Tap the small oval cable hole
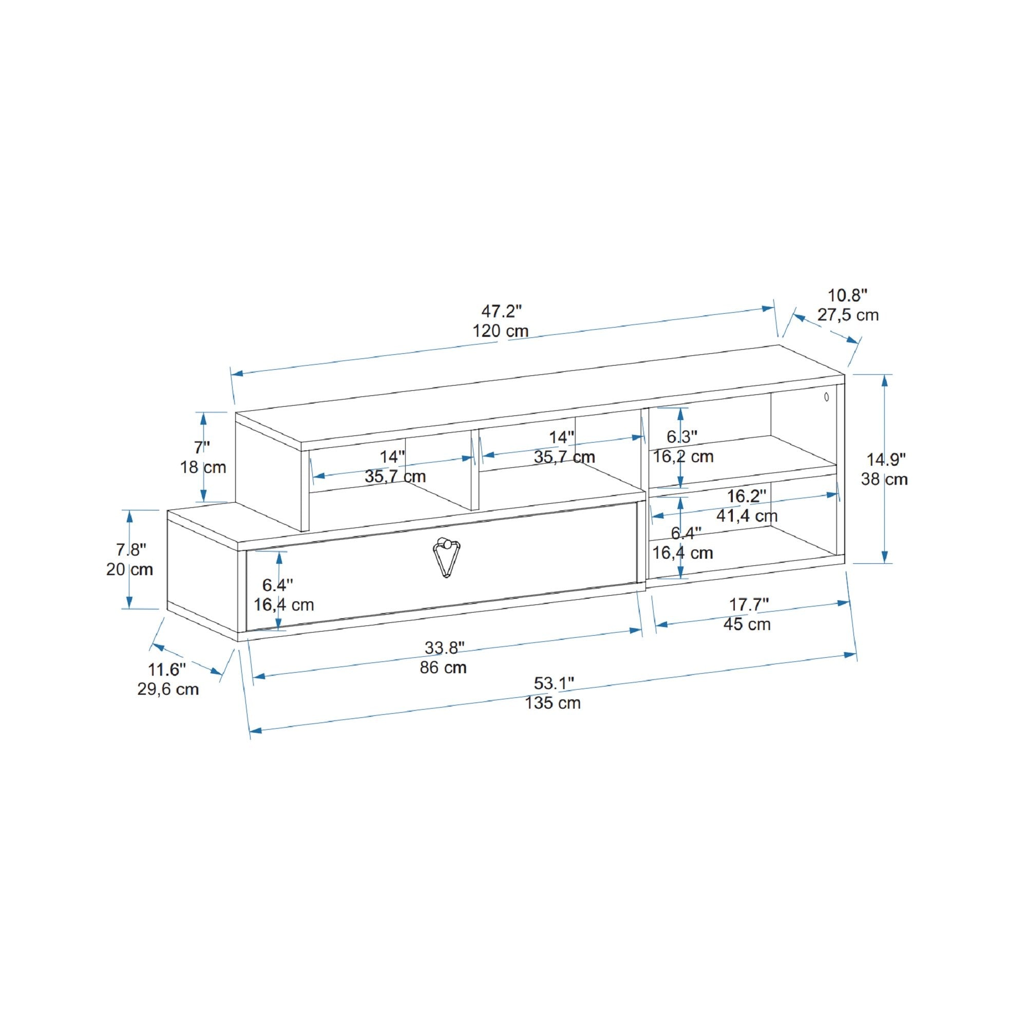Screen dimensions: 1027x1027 [x=827, y=396]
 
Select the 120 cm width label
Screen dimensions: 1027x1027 [x=501, y=331]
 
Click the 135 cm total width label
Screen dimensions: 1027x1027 [x=553, y=703]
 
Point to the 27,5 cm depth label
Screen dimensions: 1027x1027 [x=848, y=315]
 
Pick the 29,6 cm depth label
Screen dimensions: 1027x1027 [x=168, y=690]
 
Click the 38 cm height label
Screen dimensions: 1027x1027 [x=885, y=479]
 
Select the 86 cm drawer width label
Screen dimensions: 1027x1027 [x=443, y=667]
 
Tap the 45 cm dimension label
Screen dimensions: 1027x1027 [x=747, y=624]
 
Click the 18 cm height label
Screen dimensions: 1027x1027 [x=203, y=467]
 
